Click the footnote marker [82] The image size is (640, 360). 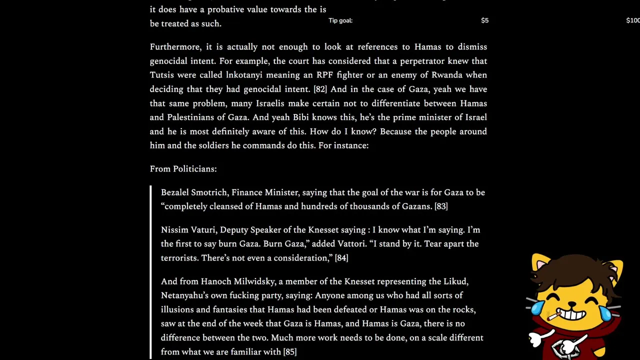320,89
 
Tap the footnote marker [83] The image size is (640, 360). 441,206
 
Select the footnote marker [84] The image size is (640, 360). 341,258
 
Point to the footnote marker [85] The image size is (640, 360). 290,352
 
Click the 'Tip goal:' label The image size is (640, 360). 340,20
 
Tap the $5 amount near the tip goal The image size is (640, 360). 484,20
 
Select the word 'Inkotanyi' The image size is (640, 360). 244,75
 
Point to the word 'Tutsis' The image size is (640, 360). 161,75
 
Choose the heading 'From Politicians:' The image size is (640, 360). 183,169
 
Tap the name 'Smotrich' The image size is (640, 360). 209,192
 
